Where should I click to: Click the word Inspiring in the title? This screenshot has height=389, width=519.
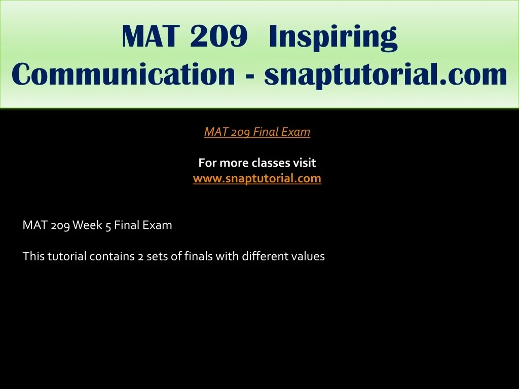pyautogui.click(x=333, y=37)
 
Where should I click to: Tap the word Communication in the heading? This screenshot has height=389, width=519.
pyautogui.click(x=123, y=74)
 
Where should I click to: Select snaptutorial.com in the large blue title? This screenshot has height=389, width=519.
pyautogui.click(x=385, y=75)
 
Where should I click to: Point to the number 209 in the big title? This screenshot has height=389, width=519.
pyautogui.click(x=219, y=36)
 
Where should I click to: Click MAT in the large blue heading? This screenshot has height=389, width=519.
pyautogui.click(x=151, y=36)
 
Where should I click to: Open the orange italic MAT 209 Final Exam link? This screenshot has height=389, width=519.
pyautogui.click(x=257, y=132)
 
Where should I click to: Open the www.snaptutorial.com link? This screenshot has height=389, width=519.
pyautogui.click(x=257, y=179)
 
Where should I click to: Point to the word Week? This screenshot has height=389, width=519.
pyautogui.click(x=87, y=225)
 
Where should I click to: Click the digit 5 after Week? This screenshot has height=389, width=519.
pyautogui.click(x=108, y=226)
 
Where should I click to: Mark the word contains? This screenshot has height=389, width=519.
pyautogui.click(x=112, y=257)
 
